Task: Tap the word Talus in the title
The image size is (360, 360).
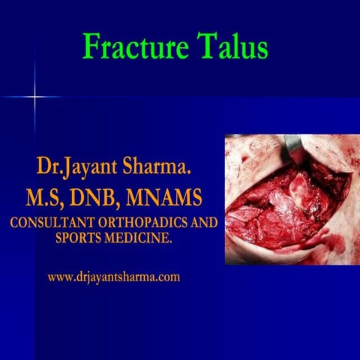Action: pos(232,47)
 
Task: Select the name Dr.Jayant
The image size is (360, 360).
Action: pos(73,167)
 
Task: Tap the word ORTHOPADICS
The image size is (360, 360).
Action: pos(145,224)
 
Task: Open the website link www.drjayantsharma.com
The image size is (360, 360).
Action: pos(113,277)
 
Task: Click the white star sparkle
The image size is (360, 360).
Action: pos(34,97)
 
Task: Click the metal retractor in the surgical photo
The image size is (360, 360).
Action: pos(293,150)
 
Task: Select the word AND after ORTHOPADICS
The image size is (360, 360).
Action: pos(202,224)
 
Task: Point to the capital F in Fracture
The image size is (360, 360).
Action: pos(91,47)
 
